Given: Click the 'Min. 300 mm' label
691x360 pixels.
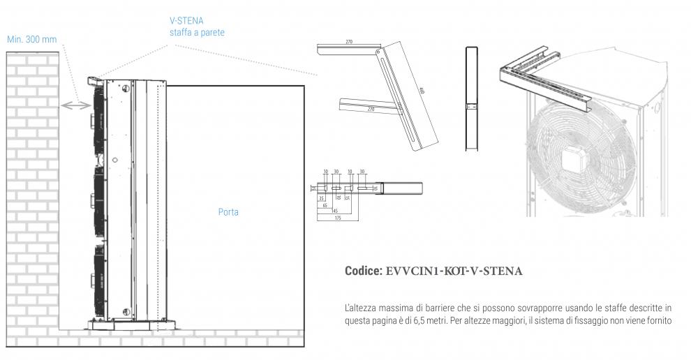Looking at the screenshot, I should [x=32, y=39].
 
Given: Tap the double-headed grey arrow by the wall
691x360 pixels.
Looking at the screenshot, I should [x=76, y=105].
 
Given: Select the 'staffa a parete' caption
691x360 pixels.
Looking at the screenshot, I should [x=197, y=33].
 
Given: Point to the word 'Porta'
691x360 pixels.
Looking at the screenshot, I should [x=228, y=211].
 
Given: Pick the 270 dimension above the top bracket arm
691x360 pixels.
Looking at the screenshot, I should [x=348, y=43].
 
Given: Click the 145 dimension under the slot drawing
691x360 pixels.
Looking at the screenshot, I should [x=334, y=211].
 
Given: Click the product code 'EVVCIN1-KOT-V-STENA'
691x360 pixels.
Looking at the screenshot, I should [x=454, y=271].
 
